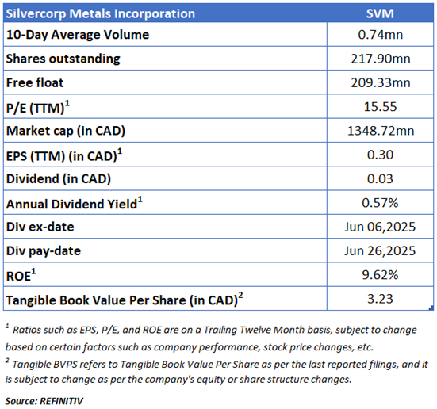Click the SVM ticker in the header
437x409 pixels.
tap(380, 13)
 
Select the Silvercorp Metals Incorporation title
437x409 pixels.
tap(101, 14)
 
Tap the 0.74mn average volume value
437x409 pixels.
tap(380, 35)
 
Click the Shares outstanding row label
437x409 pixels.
tap(63, 59)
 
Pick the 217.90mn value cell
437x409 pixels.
tap(380, 59)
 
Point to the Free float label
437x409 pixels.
tap(35, 82)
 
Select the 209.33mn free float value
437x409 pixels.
tap(380, 82)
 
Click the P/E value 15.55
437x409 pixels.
tap(380, 107)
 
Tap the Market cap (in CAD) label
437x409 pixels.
tap(66, 131)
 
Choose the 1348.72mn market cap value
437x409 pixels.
tap(381, 131)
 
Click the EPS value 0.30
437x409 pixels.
tap(380, 155)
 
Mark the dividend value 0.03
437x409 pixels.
tap(380, 178)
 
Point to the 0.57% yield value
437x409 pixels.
tap(380, 203)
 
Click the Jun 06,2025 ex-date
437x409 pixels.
tap(380, 227)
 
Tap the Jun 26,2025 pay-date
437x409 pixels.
tap(380, 250)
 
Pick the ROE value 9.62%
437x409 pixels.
tap(380, 275)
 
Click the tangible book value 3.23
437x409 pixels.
tap(380, 299)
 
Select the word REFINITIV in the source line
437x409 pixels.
tap(62, 401)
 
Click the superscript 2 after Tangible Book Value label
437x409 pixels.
tap(241, 295)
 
